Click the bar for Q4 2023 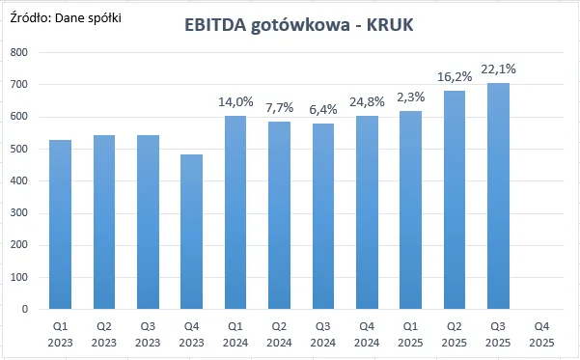pos(192,232)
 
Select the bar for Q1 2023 pos(60,224)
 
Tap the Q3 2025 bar pos(498,196)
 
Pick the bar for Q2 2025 pos(455,200)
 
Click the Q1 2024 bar pos(235,212)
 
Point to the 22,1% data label pos(498,69)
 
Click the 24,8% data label pos(367,102)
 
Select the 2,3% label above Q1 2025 pos(410,97)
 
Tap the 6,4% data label pos(323,110)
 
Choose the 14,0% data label pos(235,102)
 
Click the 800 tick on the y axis pos(19,52)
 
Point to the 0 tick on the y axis pos(25,309)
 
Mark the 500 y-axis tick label pos(19,149)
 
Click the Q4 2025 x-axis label pos(542,335)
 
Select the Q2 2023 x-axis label pos(104,335)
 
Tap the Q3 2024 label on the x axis pos(323,335)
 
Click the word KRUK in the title pos(390,25)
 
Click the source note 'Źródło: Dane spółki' pos(66,17)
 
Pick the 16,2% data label pos(455,77)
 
